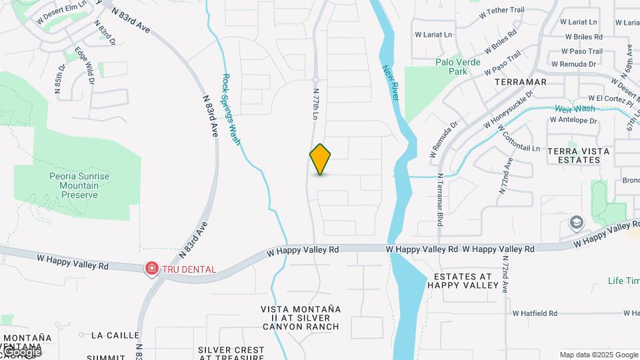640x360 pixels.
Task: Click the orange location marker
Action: [x=320, y=159]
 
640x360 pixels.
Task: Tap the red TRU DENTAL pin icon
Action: [x=152, y=269]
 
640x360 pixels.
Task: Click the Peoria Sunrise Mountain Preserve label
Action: [x=79, y=185]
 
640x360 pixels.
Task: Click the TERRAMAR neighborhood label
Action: [x=521, y=82]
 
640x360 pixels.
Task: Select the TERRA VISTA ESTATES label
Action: [x=578, y=156]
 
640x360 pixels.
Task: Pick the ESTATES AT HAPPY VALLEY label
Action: [x=463, y=281]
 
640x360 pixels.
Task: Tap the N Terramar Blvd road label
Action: [x=440, y=200]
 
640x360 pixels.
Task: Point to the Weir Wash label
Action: [x=575, y=109]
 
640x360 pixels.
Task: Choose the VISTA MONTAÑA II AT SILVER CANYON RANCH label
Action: [x=301, y=318]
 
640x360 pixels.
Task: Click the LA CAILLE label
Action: [x=115, y=335]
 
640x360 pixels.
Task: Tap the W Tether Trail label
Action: [x=507, y=11]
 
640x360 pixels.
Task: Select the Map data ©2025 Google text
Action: [x=599, y=355]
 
